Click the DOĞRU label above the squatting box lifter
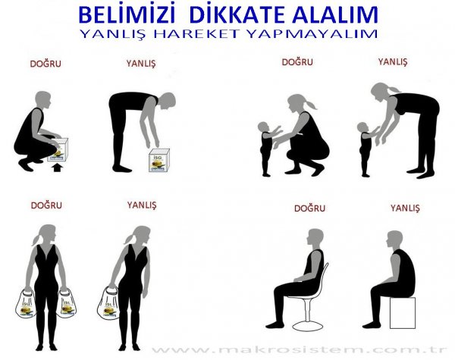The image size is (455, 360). point(45,64)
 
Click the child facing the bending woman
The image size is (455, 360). point(367,148)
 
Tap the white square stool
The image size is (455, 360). point(401,311)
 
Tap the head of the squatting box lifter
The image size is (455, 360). point(44,99)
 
